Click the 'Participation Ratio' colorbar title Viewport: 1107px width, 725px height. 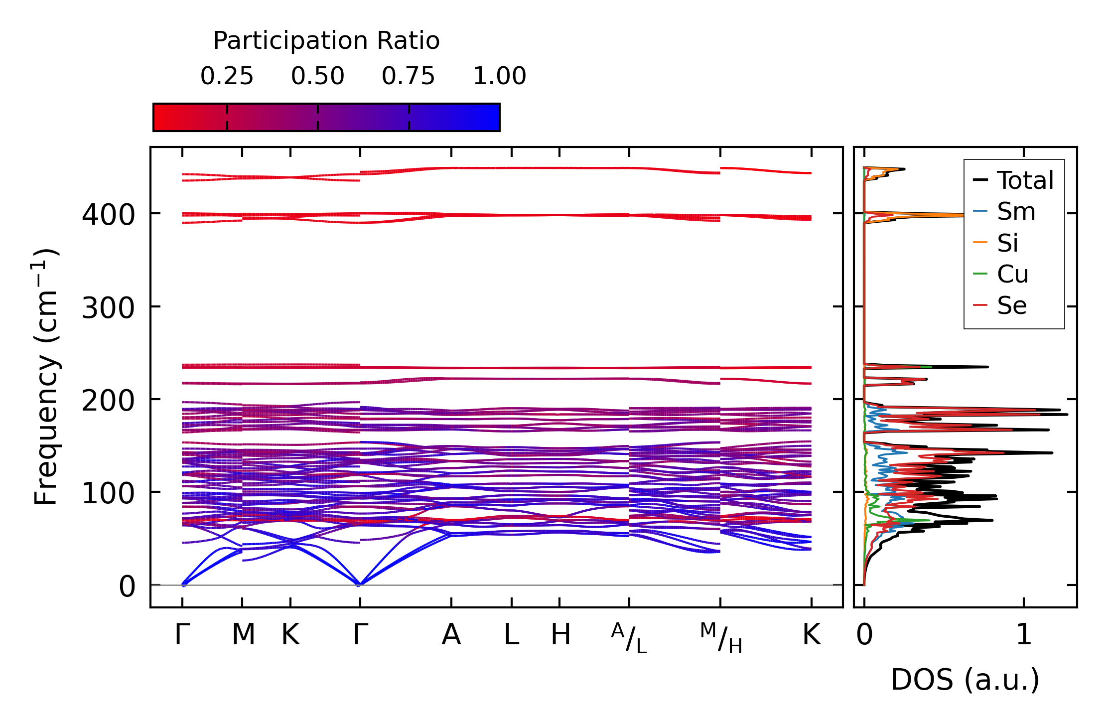326,41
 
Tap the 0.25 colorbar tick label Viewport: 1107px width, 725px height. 227,76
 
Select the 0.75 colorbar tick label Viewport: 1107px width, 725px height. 408,76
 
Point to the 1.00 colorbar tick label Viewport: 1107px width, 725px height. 499,76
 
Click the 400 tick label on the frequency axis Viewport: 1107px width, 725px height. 108,215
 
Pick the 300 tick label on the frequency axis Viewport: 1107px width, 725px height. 108,308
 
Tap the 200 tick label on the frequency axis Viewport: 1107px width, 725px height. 108,401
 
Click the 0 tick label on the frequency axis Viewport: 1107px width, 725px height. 127,586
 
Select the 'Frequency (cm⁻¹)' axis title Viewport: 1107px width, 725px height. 46,377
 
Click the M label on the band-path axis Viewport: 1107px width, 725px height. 243,635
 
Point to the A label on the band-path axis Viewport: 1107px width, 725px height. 451,635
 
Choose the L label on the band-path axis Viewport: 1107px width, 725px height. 512,635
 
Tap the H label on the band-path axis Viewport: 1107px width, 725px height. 560,635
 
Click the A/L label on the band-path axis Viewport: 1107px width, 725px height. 629,638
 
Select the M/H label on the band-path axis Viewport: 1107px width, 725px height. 720,638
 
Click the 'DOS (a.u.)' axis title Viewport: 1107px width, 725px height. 965,680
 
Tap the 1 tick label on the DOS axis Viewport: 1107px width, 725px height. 1024,635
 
